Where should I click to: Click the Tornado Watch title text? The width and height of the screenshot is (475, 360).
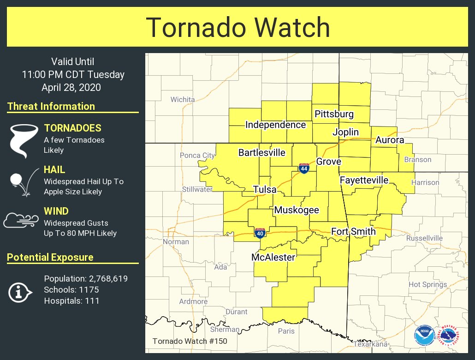237,28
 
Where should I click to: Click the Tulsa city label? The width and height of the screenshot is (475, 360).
265,190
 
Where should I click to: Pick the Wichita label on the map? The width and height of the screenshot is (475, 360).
183,99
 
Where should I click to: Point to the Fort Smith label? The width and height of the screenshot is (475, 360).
353,231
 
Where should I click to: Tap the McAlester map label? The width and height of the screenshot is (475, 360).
273,257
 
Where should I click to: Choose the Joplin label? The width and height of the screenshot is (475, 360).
345,132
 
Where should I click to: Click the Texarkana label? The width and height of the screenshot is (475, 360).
370,344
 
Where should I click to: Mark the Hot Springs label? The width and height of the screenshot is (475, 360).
427,284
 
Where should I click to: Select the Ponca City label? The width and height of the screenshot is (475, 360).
197,156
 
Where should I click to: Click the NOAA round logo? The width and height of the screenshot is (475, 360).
424,336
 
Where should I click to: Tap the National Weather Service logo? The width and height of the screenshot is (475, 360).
448,336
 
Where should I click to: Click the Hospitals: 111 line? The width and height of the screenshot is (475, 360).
71,301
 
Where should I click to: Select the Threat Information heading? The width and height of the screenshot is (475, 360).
51,106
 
